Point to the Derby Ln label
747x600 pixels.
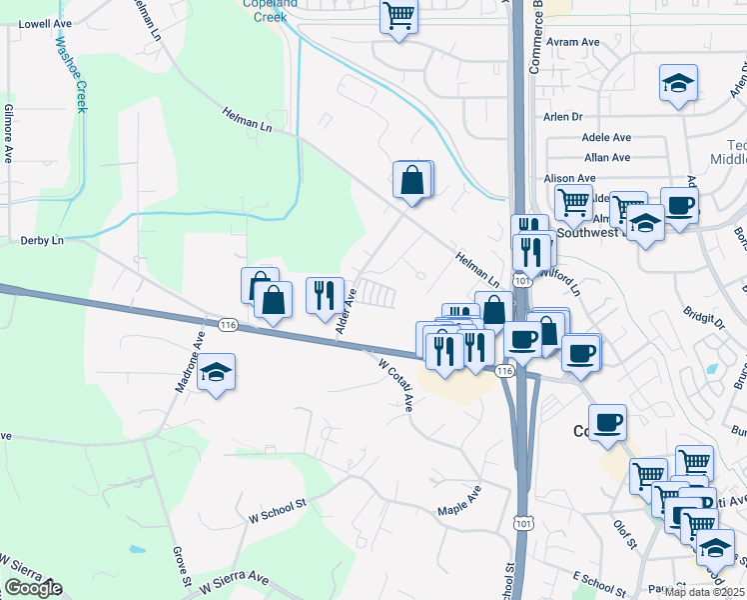click(42, 241)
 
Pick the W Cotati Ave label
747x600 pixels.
click(395, 386)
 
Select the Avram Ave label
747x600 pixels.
click(573, 43)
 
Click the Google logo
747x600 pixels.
click(32, 589)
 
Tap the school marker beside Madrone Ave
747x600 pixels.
click(216, 374)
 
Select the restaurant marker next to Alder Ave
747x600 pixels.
click(325, 297)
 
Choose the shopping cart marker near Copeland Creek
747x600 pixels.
click(398, 18)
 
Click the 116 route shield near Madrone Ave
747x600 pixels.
click(228, 326)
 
